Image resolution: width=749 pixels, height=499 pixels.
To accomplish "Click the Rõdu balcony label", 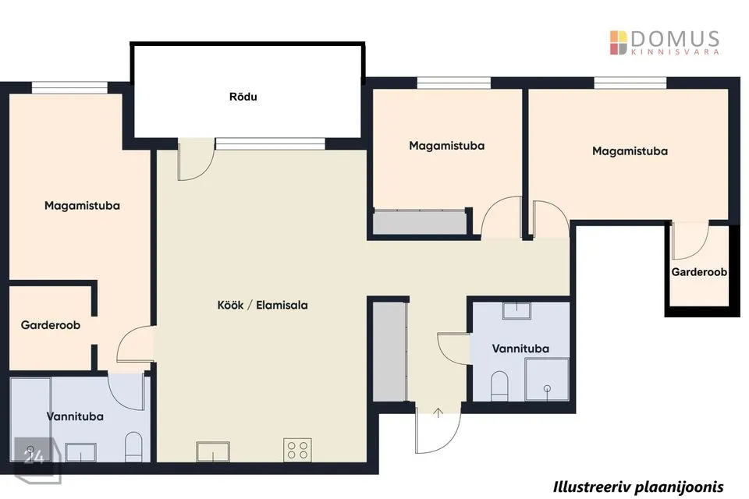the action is [243, 97].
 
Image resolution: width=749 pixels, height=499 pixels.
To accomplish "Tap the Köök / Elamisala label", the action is [262, 305].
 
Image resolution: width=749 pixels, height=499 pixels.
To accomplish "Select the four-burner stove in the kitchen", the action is [297, 450].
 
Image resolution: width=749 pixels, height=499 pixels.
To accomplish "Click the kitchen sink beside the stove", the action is [212, 451].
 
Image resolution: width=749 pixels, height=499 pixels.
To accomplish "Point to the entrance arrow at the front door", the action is [438, 413].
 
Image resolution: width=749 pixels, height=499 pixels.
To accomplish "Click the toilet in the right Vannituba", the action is [499, 386].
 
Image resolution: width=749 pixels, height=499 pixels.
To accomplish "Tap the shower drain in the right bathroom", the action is [548, 389].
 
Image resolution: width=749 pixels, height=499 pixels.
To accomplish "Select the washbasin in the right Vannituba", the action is [516, 310].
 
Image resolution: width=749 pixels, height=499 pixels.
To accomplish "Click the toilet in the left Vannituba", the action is [133, 447].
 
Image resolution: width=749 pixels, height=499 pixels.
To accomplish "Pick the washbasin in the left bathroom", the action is [80, 452].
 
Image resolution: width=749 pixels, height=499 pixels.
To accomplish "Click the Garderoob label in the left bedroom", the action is [50, 325].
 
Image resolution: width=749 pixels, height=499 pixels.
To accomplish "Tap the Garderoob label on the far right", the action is [699, 272].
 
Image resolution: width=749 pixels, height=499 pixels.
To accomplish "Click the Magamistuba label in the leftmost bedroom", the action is [82, 206].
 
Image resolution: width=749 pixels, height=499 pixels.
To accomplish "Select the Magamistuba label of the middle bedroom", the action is [446, 146].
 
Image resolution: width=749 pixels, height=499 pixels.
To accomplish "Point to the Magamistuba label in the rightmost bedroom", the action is [630, 151].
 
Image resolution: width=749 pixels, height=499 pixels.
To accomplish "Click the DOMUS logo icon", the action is [618, 43].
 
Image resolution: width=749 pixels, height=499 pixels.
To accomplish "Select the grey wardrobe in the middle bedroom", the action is [420, 222].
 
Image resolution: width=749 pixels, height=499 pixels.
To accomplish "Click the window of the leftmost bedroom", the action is [69, 88].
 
